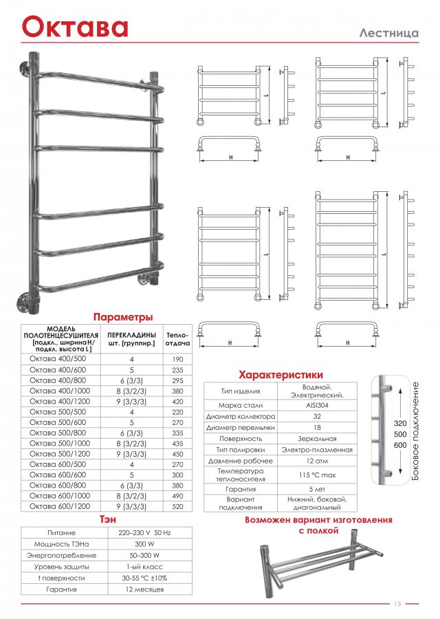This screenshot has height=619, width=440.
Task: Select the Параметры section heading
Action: pos(123,317)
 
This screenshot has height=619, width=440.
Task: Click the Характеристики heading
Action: pos(280,375)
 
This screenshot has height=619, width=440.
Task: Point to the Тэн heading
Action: pos(107,519)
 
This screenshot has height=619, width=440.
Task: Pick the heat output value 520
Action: pos(178,506)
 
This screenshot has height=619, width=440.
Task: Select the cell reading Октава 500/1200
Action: pos(58,454)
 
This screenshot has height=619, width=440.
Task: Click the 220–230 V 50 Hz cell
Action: pos(144,532)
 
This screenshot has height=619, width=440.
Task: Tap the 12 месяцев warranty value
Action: pos(144,589)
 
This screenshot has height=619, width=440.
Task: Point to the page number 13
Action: pos(397,604)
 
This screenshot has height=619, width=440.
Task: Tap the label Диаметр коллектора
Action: pos(241,416)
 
